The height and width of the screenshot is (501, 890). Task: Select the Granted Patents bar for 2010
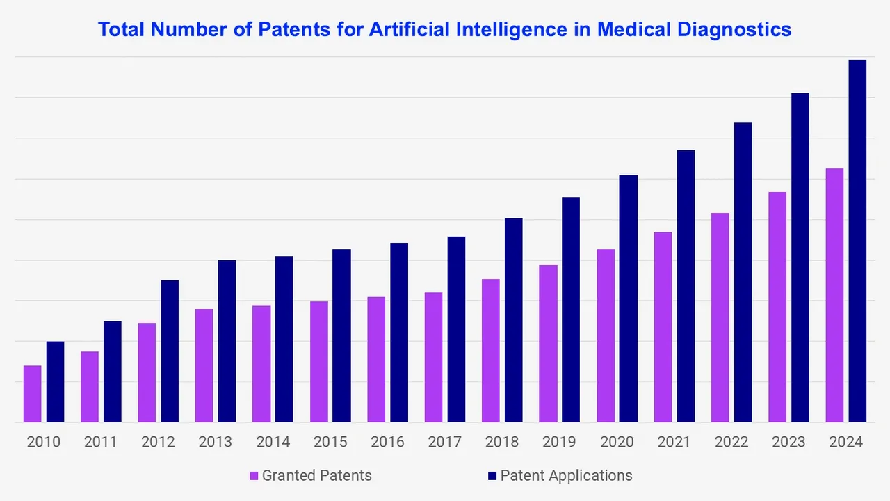[33, 394]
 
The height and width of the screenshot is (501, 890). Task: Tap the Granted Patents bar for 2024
[834, 295]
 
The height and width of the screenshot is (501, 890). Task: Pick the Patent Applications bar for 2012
[170, 351]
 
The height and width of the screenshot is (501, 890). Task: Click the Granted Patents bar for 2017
[433, 357]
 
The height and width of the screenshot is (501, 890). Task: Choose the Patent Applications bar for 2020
[629, 299]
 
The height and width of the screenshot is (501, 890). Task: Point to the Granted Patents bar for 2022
[720, 317]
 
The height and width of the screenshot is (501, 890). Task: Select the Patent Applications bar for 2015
[341, 335]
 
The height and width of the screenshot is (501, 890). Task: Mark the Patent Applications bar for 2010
[56, 381]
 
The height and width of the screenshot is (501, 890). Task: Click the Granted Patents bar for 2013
[204, 365]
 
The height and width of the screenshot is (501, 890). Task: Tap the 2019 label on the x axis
[560, 442]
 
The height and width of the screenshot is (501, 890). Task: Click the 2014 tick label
[273, 442]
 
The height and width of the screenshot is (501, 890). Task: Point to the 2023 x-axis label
[788, 442]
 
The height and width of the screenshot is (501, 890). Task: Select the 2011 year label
[101, 442]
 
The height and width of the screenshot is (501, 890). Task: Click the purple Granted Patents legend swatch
[254, 476]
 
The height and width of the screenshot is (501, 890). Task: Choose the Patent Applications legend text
[566, 476]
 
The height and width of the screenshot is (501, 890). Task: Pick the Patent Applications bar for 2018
[513, 320]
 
